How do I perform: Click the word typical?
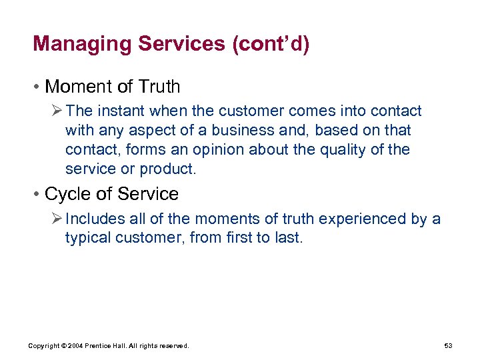click(x=88, y=238)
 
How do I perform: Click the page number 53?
click(x=448, y=345)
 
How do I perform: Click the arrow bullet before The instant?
click(x=57, y=111)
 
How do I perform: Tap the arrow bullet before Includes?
click(x=57, y=219)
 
